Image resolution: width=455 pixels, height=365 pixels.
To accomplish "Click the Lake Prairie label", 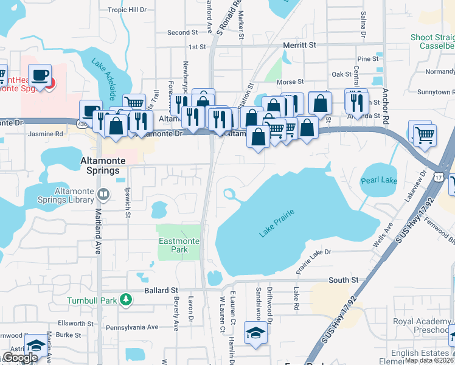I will tap(277, 223).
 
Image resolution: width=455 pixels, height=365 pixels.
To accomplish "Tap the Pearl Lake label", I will tap(379, 181).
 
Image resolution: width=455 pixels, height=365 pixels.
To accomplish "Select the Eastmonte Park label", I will tap(178, 245).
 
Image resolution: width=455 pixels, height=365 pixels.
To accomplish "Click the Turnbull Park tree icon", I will tap(126, 299).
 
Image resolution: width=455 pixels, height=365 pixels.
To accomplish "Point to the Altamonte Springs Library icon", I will tap(103, 195).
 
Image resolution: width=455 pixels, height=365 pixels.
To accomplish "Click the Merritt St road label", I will tap(300, 45).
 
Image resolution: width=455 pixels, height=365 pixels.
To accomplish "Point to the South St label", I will tap(344, 280).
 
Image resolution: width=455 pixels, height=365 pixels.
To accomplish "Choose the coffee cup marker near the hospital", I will tap(40, 75).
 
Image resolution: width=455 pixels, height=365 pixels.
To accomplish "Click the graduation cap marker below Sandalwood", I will tap(254, 332).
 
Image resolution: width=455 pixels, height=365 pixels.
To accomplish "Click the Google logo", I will tap(19, 358).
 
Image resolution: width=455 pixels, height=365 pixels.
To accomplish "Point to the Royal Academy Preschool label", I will tap(422, 325).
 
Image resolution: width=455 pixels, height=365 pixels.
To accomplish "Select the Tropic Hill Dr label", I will tap(127, 10).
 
